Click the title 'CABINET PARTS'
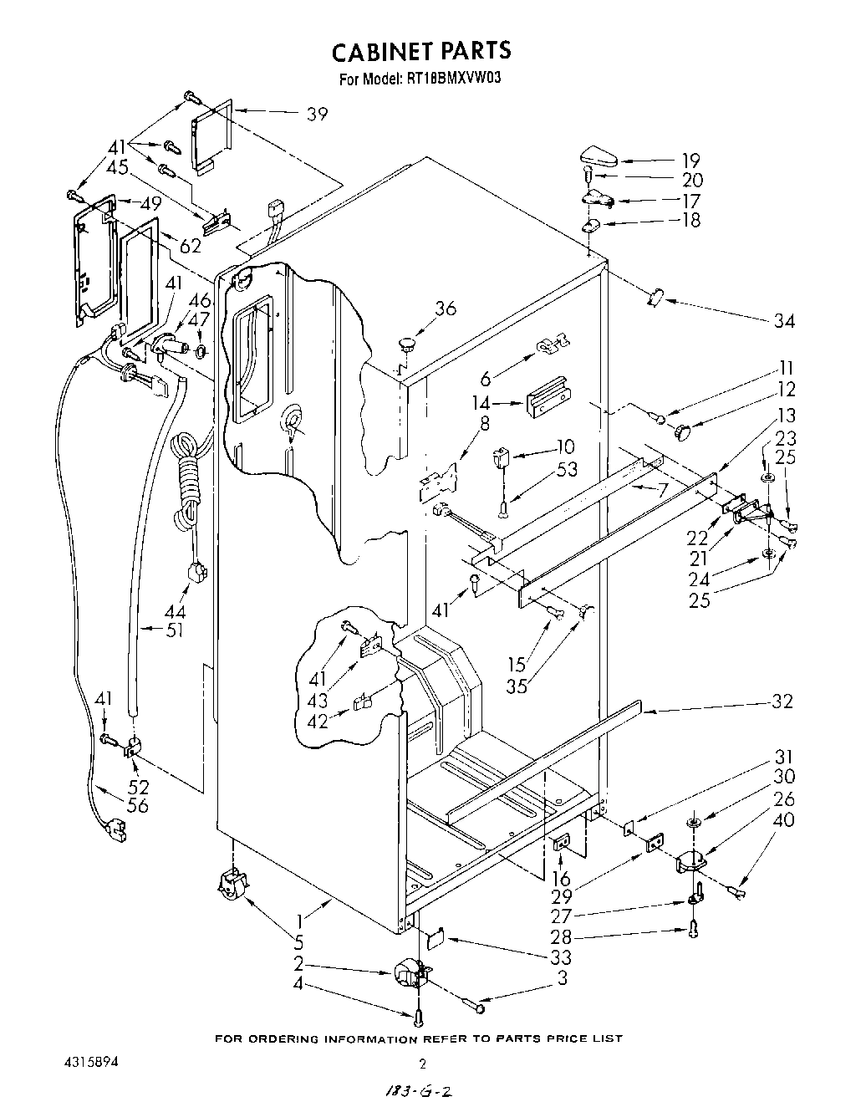click(x=421, y=52)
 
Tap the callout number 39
click(x=317, y=115)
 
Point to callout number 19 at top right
click(x=690, y=161)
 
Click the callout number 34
click(x=784, y=320)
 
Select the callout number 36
click(x=446, y=309)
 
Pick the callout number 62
click(x=191, y=247)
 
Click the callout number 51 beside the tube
click(x=174, y=631)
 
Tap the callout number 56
click(x=138, y=805)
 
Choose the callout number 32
click(x=782, y=702)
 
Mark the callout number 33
click(x=561, y=957)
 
